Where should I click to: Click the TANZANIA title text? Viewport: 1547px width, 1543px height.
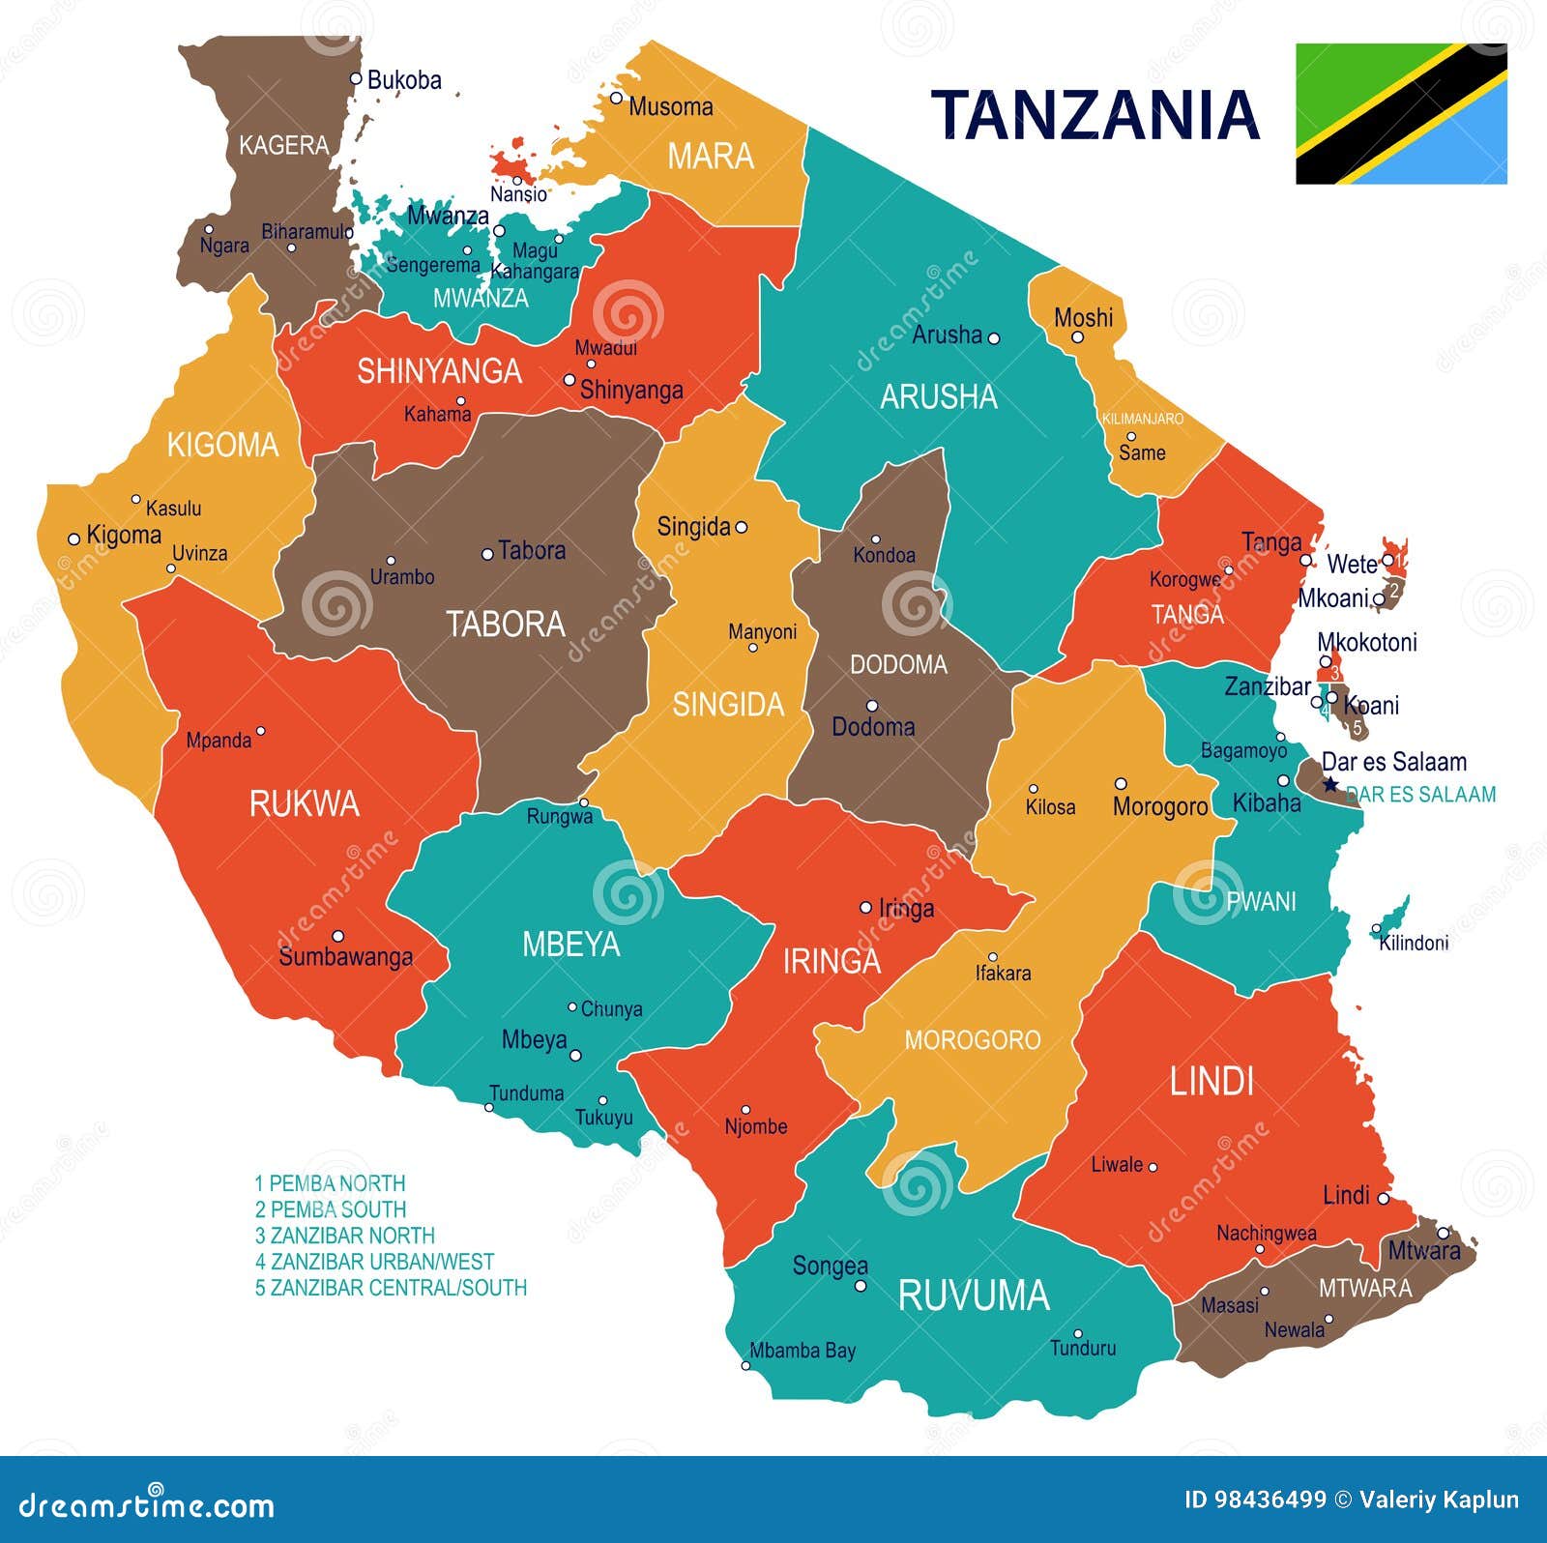(x=1095, y=114)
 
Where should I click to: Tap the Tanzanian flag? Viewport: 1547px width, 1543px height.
(x=1401, y=113)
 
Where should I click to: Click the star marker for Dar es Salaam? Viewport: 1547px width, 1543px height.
(x=1330, y=784)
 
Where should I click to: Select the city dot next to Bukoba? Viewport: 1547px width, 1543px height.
(x=356, y=78)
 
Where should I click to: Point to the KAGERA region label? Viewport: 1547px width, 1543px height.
(x=283, y=145)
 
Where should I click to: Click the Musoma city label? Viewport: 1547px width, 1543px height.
(x=670, y=106)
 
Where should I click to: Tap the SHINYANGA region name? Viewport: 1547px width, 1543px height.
(x=439, y=371)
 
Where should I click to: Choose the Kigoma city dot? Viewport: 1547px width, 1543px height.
(x=73, y=539)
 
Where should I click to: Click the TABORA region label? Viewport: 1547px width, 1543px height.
(x=505, y=624)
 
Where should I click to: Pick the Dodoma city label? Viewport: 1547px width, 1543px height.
(x=873, y=726)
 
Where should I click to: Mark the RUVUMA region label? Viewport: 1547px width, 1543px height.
(x=973, y=1296)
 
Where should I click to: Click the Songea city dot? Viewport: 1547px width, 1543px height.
(x=860, y=1286)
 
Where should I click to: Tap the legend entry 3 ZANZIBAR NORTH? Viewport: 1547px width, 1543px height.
(x=344, y=1236)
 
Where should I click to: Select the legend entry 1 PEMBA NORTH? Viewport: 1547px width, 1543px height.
(x=330, y=1183)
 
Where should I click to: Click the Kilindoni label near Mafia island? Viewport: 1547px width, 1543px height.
(x=1413, y=943)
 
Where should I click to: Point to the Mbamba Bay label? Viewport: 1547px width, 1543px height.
(x=803, y=1351)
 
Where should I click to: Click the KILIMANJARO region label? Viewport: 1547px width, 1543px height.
(x=1142, y=419)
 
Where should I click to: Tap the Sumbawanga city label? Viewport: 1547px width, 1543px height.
(x=345, y=957)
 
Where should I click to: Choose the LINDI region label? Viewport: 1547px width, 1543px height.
(x=1211, y=1081)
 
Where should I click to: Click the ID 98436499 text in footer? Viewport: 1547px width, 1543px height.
(x=1254, y=1499)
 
